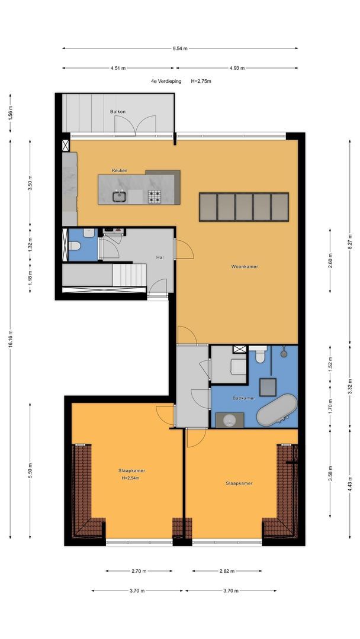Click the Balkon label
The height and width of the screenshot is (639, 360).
[117, 112]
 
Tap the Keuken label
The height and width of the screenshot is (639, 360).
[120, 170]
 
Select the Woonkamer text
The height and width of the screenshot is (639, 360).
[245, 267]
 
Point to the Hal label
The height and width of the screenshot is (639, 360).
[160, 257]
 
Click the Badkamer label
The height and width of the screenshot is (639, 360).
[244, 398]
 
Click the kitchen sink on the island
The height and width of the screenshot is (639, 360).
[120, 197]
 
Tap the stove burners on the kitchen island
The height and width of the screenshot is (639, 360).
[154, 196]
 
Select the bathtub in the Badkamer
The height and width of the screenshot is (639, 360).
[277, 409]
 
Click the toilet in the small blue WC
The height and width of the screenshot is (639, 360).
[74, 246]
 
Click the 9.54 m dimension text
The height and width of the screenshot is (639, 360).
[180, 48]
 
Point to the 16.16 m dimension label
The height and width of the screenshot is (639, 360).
[10, 338]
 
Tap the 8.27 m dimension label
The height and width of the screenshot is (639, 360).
[349, 241]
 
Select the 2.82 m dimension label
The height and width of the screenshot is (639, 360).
[227, 571]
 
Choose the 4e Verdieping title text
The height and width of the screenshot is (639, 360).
[166, 81]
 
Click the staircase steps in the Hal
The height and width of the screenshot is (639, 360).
[129, 275]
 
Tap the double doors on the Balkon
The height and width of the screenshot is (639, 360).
[136, 124]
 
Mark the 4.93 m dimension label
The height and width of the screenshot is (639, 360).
[237, 68]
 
